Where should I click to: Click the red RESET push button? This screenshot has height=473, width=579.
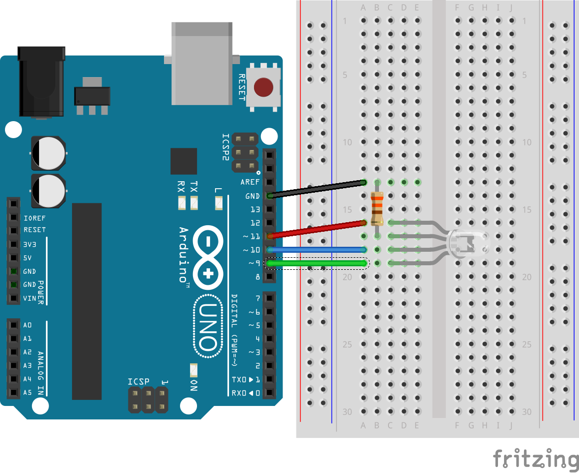pyautogui.click(x=263, y=87)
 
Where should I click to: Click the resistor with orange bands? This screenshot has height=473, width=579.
pyautogui.click(x=377, y=208)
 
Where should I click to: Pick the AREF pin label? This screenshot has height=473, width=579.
pyautogui.click(x=250, y=182)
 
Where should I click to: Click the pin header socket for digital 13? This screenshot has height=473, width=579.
pyautogui.click(x=269, y=209)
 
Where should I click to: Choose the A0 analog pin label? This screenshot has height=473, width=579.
pyautogui.click(x=27, y=325)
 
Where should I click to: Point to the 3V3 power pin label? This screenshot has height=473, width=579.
pyautogui.click(x=30, y=245)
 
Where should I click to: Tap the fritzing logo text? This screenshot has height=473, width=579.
pyautogui.click(x=535, y=458)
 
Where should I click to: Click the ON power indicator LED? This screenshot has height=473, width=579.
pyautogui.click(x=193, y=370)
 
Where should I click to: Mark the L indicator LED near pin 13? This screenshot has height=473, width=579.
pyautogui.click(x=218, y=203)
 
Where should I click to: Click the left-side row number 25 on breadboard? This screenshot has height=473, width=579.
pyautogui.click(x=347, y=344)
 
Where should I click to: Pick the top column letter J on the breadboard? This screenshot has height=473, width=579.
pyautogui.click(x=511, y=8)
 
